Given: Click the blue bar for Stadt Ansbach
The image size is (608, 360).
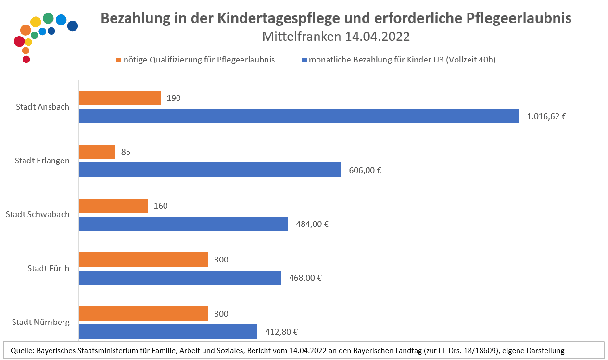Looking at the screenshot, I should (x=298, y=116).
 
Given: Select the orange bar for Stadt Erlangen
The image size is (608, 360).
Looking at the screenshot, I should (x=97, y=152).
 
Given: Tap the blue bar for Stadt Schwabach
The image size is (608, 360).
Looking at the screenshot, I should (x=183, y=223).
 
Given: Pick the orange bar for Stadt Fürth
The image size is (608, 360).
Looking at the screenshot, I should (x=143, y=260).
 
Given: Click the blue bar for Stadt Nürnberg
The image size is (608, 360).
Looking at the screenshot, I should (x=168, y=331).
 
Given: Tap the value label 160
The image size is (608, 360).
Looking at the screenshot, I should (x=161, y=206).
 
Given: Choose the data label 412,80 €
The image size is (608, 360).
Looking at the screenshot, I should (x=281, y=331).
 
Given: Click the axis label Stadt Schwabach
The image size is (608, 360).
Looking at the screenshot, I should (x=38, y=214).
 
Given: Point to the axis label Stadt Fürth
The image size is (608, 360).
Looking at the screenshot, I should (x=48, y=268).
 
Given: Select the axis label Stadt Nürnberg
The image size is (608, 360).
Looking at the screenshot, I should (x=41, y=322).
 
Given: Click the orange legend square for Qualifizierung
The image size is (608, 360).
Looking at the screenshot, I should (x=118, y=60).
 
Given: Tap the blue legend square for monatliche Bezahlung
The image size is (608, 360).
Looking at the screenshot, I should (x=304, y=60).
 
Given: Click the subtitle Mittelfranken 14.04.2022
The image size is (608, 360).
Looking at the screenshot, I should (x=335, y=37).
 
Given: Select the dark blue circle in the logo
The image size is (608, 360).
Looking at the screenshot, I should (x=72, y=26).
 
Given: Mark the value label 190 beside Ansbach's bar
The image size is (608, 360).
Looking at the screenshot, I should (x=174, y=98).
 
